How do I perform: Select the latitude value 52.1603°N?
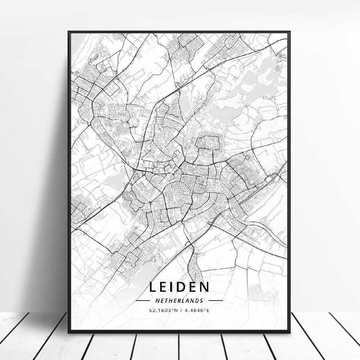163,310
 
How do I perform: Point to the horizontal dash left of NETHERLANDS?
143,301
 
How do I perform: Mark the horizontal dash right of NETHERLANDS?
216,301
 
